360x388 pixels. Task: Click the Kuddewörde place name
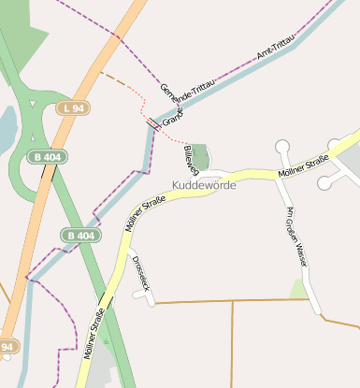tap(204, 185)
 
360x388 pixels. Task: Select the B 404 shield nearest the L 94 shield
tap(46, 157)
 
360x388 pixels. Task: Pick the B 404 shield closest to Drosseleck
tap(81, 236)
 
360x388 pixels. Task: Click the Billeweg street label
tap(192, 159)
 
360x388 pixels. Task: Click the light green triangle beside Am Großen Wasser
tap(299, 290)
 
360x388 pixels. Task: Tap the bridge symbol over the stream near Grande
tap(151, 122)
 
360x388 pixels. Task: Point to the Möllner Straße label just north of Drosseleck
tap(144, 214)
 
